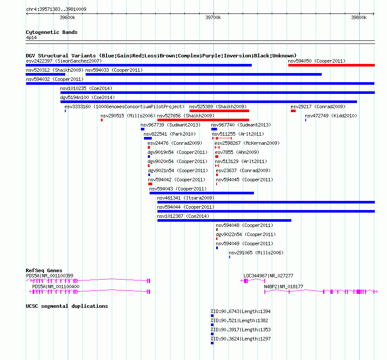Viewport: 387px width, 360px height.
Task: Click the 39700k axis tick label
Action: coord(213,17)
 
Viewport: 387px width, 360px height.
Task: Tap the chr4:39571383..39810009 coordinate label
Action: coord(56,9)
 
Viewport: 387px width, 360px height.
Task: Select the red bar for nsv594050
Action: coord(331,65)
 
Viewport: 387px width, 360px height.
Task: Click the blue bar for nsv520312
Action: coord(45,74)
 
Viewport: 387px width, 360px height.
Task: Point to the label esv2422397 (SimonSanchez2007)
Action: coord(64,61)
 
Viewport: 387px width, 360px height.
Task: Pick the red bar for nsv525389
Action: coord(219,111)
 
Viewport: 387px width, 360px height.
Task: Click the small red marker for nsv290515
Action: coord(102,120)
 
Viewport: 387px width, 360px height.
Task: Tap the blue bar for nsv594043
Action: coord(202,193)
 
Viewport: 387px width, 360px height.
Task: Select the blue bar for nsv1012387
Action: coord(224,220)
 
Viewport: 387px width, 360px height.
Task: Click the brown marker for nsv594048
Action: coord(217,230)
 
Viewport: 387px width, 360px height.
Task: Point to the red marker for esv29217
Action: coord(293,111)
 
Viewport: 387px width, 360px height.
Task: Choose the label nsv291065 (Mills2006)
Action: coord(256,253)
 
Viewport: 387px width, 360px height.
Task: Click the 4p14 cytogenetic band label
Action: coord(31,37)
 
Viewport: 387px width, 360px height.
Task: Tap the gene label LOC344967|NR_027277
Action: coord(268,276)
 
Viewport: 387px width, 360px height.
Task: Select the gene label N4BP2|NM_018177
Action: coord(284,287)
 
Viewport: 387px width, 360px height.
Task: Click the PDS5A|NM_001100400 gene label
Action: coord(56,287)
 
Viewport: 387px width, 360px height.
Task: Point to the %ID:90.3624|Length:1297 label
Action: coord(240,339)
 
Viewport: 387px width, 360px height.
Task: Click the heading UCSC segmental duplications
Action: coord(67,306)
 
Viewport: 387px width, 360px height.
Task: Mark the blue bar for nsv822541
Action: coord(148,138)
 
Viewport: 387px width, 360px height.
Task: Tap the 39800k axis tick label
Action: coord(359,17)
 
